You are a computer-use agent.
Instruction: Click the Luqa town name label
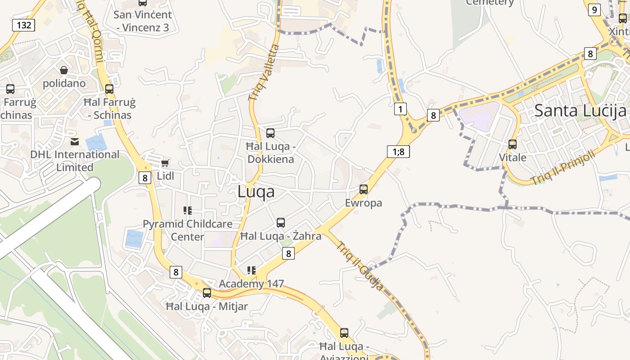coord(256,192)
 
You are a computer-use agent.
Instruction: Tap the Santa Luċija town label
coord(580,110)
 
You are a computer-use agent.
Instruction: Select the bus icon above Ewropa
coord(364,189)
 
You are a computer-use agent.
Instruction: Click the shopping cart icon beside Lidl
coord(165,163)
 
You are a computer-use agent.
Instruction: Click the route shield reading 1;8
coord(398,152)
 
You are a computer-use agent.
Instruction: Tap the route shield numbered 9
coord(594,9)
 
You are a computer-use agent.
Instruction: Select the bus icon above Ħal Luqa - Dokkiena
coord(270,133)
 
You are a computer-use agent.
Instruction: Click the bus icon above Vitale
coord(513,144)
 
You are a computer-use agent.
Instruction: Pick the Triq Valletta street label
coord(264,72)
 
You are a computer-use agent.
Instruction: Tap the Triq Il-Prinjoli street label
coord(562,167)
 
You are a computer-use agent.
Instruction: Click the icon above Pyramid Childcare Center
coord(188,211)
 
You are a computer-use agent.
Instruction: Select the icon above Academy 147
coord(252,270)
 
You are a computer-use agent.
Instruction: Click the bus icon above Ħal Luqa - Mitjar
coord(207,293)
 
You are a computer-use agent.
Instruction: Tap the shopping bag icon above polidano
coord(64,70)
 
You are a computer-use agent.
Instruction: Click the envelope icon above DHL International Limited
coord(75,142)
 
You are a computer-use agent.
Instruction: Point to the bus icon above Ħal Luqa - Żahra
coord(281,223)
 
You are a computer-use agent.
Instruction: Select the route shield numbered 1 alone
coord(400,108)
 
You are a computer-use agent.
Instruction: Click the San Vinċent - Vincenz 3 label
coord(141,21)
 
